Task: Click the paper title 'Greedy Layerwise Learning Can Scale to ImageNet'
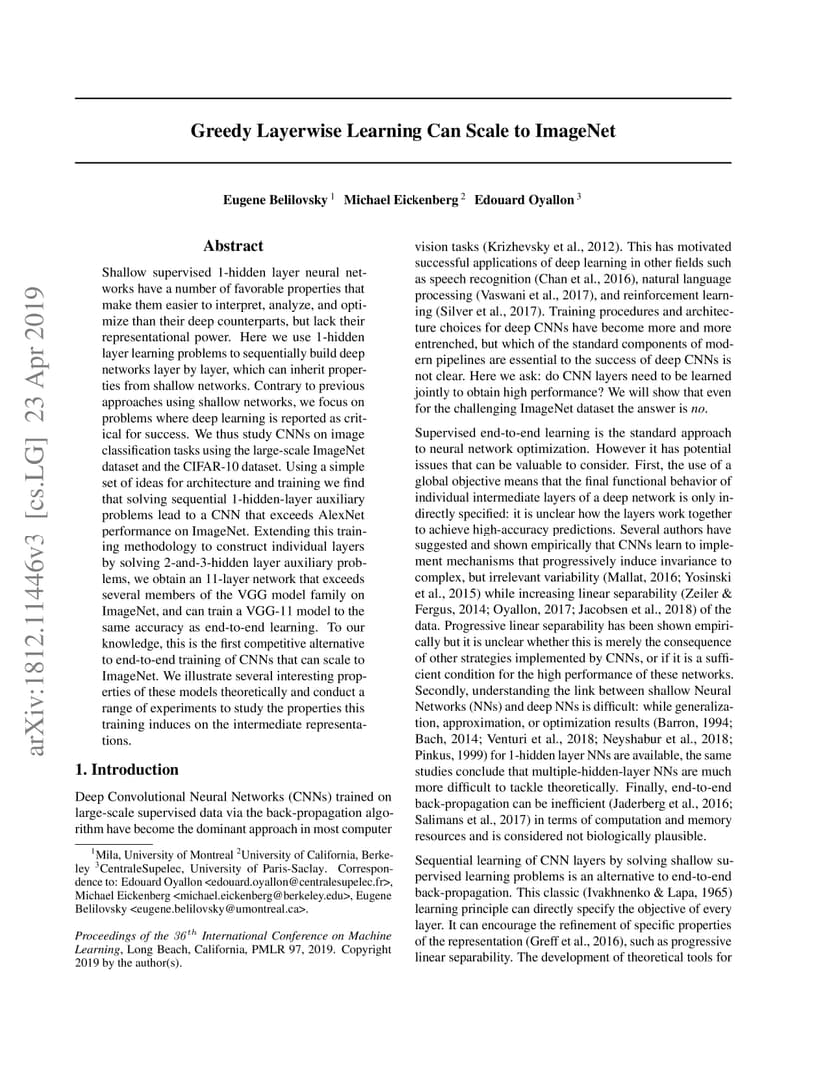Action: [404, 131]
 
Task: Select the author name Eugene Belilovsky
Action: [275, 200]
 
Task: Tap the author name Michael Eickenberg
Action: [401, 200]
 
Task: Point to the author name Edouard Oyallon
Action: [523, 200]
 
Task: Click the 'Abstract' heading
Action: [233, 246]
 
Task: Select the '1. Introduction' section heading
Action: [127, 770]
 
